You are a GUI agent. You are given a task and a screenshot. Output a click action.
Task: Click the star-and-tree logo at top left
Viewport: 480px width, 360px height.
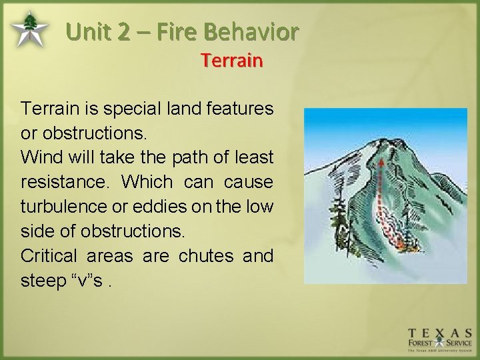tap(29, 30)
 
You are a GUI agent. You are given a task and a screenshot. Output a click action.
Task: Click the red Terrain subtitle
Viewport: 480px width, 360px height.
tap(232, 61)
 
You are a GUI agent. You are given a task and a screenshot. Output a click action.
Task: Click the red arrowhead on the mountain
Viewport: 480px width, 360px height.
tap(380, 162)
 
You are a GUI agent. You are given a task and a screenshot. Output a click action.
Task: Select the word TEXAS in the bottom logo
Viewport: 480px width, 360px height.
tap(441, 333)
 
